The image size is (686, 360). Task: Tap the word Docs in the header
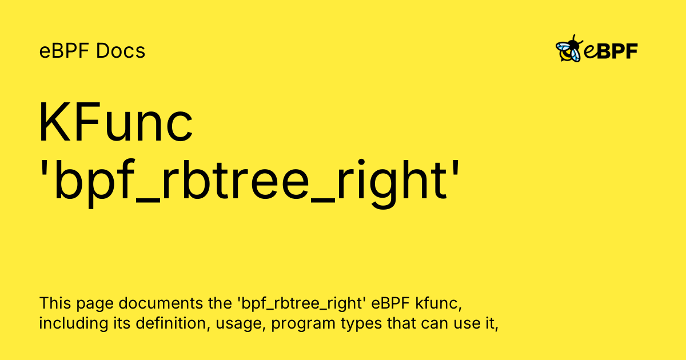121,51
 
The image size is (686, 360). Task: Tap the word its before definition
118,323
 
